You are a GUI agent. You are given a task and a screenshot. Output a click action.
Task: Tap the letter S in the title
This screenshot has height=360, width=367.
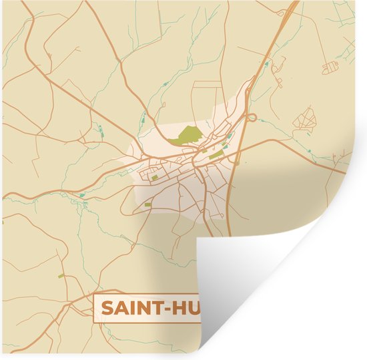pos(107,309)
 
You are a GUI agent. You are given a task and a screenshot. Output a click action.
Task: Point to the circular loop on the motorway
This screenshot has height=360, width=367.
pos(252,118)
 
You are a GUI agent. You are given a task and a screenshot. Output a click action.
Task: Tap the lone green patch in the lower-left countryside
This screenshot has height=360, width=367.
pos(61,275)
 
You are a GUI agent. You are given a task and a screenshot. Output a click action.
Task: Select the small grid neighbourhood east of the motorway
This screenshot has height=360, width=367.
pos(306,121)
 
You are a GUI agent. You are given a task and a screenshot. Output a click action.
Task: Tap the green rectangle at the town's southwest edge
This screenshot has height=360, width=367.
pos(147,204)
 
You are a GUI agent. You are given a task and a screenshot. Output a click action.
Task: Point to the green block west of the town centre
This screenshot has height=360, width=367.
pos(155,177)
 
